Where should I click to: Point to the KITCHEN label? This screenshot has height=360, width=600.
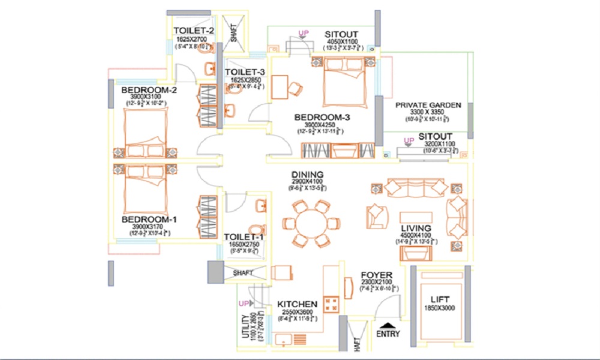coord(297,305)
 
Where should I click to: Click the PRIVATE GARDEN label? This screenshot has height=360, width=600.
coord(428,105)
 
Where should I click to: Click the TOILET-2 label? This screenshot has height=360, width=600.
coord(193,30)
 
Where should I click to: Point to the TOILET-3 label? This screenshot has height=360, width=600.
coord(244,72)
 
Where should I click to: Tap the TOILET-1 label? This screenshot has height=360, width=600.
coord(244,237)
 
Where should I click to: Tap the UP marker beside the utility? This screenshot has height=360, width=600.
coord(243,304)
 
